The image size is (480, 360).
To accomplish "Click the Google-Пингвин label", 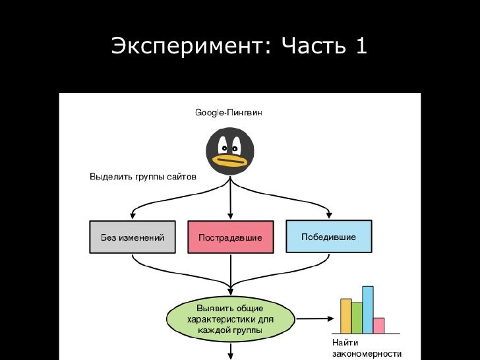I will coord(228,113).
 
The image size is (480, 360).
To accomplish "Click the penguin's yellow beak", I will coord(231,160).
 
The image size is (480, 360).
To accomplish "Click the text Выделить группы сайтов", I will coord(142,177).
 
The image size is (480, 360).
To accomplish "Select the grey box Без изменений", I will coord(132,237).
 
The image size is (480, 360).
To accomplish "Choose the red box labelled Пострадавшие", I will coord(230,237).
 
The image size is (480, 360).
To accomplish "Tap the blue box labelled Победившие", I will coord(328,236).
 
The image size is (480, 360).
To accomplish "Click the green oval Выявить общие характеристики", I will coord(230,318).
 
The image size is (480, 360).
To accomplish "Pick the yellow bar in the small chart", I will coord(345,316).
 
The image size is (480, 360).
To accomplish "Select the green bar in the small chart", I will coord(357,317).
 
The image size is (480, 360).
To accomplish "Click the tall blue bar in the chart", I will coord(368,309).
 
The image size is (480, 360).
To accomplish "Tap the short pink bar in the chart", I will coord(378,325).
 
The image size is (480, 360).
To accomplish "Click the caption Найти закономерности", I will coord(367,348).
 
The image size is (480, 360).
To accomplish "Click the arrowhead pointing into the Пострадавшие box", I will coord(230,216).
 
